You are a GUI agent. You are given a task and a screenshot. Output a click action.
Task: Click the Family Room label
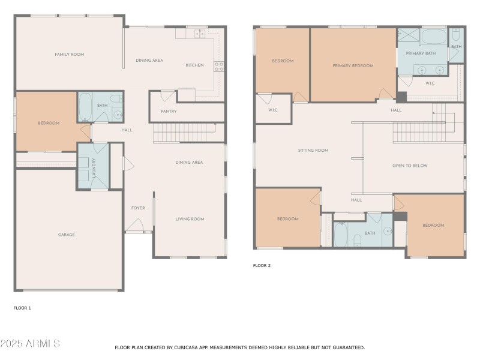coord(69,55)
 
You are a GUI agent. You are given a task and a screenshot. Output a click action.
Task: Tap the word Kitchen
coord(194,65)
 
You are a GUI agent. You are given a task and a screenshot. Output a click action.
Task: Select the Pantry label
coord(169,112)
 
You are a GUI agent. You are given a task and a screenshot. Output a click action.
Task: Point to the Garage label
coord(66,235)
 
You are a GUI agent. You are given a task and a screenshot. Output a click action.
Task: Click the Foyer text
coord(138,208)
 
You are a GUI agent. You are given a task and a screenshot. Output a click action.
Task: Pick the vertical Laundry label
coord(94,169)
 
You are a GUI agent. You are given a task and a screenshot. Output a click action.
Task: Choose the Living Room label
coord(190,219)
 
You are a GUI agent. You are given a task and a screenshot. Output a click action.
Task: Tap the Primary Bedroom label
coord(353,65)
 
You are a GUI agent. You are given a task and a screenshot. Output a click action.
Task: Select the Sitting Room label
coord(313,151)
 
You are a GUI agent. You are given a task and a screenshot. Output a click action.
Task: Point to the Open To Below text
coord(410,166)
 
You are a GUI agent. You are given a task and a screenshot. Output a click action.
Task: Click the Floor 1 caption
coord(22,308)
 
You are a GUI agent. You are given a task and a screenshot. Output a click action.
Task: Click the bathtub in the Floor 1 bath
coord(85,107)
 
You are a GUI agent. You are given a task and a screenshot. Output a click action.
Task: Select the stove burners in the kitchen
coord(219,66)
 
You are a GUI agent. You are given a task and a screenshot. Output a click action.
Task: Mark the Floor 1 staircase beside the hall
coord(184,132)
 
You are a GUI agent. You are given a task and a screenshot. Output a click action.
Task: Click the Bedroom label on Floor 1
coord(49,123)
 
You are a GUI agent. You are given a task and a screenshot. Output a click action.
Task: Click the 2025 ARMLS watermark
coord(30,344)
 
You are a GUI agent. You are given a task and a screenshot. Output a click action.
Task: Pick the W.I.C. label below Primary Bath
coord(430,83)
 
